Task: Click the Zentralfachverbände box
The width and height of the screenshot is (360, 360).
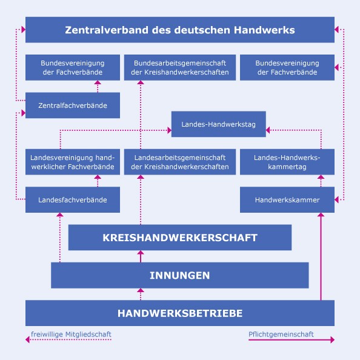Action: click(73, 105)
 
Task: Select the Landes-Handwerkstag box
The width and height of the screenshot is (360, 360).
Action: click(219, 124)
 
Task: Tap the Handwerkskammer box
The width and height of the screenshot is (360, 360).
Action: click(287, 200)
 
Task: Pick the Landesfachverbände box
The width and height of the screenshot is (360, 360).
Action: click(73, 200)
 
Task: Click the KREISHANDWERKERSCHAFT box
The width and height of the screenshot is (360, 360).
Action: click(180, 238)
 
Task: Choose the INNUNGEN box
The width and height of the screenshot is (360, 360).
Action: click(180, 275)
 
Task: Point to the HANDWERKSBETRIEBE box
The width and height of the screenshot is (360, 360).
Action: click(180, 313)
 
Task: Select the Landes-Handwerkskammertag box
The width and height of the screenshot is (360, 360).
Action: click(287, 162)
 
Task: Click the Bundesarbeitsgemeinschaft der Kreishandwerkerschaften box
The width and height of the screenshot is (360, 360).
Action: click(180, 67)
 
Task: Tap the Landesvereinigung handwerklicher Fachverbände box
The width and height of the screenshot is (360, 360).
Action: click(73, 162)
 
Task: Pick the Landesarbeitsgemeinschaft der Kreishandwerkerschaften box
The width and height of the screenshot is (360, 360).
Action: click(180, 162)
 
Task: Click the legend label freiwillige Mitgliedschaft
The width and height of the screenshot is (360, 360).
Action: click(71, 335)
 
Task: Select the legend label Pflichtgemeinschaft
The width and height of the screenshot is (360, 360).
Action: click(281, 335)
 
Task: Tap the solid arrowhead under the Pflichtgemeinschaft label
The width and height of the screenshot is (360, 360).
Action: click(333, 340)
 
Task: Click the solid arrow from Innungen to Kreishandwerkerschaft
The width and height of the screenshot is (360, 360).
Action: click(141, 256)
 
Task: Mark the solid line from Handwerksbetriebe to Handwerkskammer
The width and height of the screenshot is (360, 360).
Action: click(321, 256)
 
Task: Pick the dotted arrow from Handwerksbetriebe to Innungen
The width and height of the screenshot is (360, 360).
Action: click(141, 294)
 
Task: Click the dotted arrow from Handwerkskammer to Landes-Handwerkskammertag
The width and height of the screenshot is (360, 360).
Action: click(321, 181)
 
